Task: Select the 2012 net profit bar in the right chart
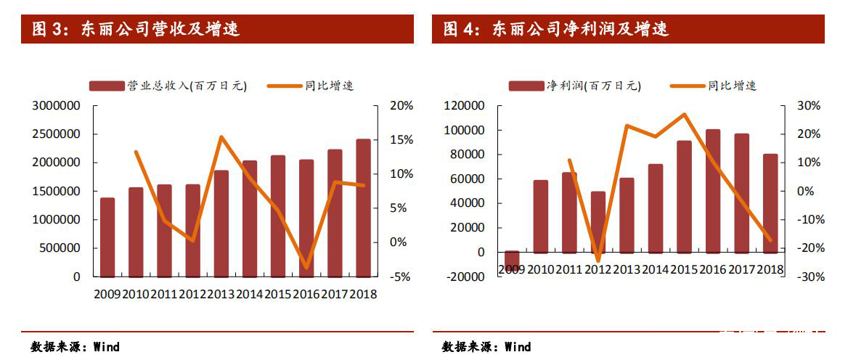click(598, 222)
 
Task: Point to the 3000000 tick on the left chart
click(57, 106)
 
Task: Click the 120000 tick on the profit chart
click(464, 106)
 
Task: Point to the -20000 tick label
click(464, 277)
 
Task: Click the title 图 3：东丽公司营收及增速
click(136, 30)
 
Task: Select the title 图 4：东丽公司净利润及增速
click(556, 30)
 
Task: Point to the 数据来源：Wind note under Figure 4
click(486, 347)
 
